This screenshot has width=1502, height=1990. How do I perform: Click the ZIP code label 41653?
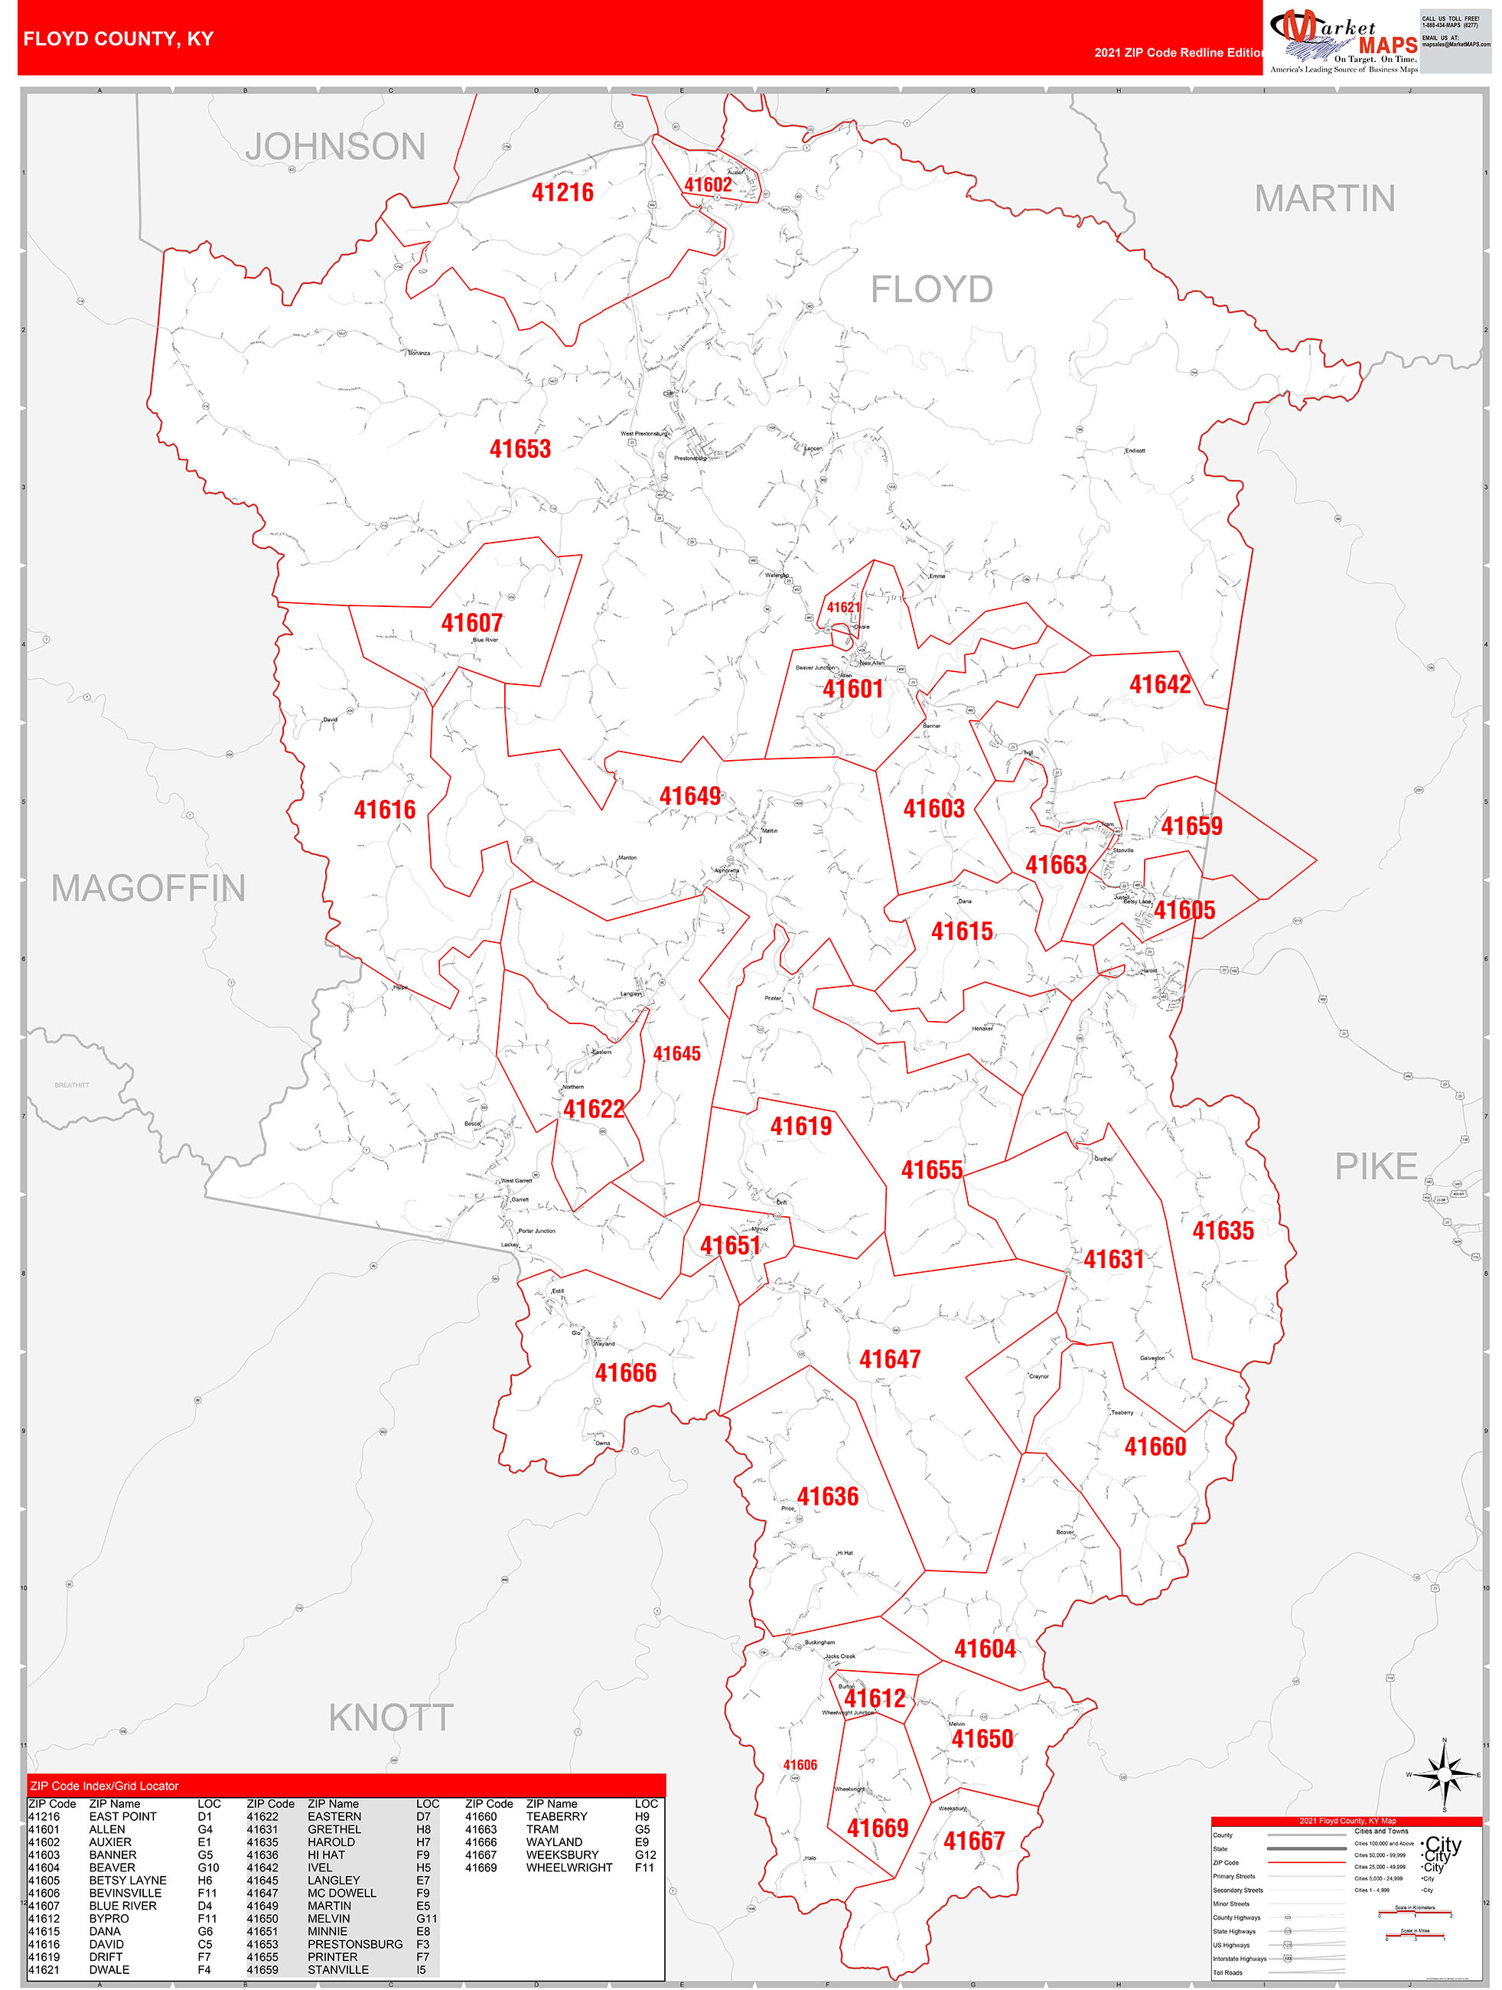520,449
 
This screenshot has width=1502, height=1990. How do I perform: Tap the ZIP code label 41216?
562,191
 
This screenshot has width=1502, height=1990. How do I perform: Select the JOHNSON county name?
335,147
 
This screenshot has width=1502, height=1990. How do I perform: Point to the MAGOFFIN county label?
148,888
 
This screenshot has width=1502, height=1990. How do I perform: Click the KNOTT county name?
390,1718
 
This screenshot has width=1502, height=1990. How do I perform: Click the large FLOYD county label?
931,289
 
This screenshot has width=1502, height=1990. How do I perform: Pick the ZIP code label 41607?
471,622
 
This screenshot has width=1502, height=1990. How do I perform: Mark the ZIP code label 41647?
890,1359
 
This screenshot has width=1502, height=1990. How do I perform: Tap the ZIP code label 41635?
1222,1230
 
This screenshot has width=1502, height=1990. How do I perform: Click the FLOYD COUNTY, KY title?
118,39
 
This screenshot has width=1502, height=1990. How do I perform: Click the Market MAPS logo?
1343,40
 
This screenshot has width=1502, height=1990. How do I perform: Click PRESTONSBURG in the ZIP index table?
354,1944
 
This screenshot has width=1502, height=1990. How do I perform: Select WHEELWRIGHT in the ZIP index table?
569,1868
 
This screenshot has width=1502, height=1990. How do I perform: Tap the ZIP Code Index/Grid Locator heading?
104,1786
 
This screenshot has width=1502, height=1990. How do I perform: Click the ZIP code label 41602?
708,184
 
